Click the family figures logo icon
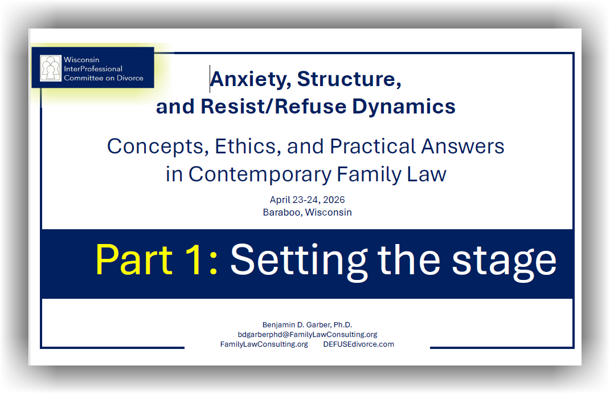pyautogui.click(x=51, y=68)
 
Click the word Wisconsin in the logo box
pyautogui.click(x=81, y=59)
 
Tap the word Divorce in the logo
pyautogui.click(x=130, y=78)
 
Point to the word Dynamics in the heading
pyautogui.click(x=404, y=107)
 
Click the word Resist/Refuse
pyautogui.click(x=273, y=106)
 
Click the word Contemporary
pyautogui.click(x=260, y=174)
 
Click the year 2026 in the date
pyautogui.click(x=334, y=200)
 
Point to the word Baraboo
pyautogui.click(x=282, y=212)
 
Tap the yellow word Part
pyautogui.click(x=134, y=259)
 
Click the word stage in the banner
pyautogui.click(x=504, y=263)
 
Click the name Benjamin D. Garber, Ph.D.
pyautogui.click(x=308, y=324)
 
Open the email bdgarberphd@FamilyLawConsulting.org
pyautogui.click(x=308, y=335)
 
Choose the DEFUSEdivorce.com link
pyautogui.click(x=359, y=344)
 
